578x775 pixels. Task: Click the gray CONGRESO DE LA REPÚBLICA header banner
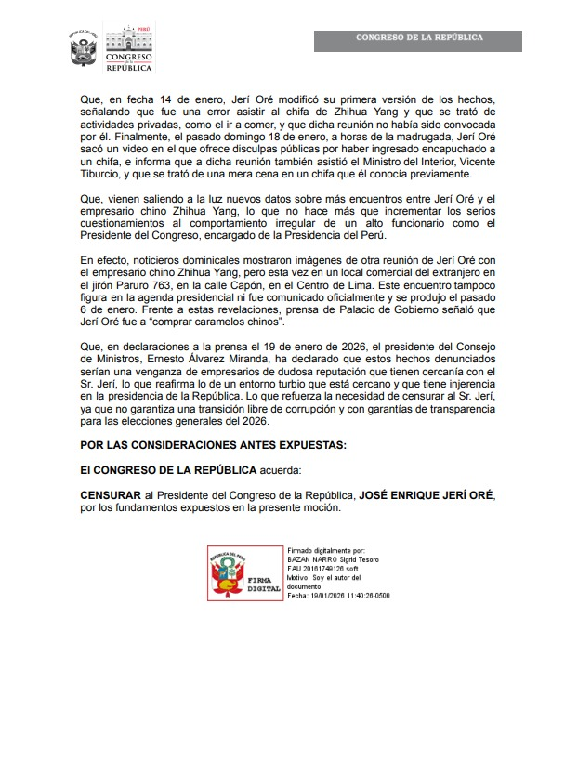[417, 38]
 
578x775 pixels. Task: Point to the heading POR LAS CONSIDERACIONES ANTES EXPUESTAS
[213, 446]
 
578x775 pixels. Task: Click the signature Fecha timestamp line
[338, 595]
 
